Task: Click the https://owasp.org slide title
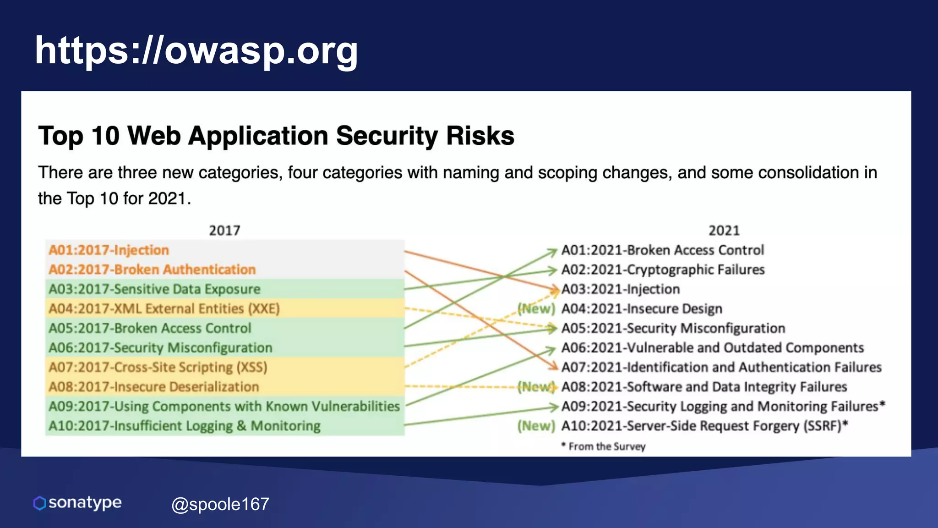coord(196,50)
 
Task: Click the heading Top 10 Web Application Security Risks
coord(276,136)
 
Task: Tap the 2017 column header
coord(224,230)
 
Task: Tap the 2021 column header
coord(724,230)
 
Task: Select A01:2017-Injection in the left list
coord(109,250)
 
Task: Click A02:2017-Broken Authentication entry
coord(152,269)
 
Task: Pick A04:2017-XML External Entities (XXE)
coord(164,308)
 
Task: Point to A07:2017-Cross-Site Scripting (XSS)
coord(158,367)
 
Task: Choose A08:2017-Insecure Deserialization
coord(154,387)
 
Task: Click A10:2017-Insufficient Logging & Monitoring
coord(185,426)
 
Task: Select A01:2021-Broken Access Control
coord(662,250)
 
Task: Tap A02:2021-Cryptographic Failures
coord(663,269)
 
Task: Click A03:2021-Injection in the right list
coord(621,289)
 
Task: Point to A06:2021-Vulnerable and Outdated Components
coord(713,348)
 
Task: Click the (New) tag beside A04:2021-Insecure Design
coord(536,309)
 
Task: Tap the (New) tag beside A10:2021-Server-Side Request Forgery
coord(536,426)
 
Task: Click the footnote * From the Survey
coord(603,446)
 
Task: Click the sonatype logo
coord(77,503)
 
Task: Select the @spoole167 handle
coord(220,504)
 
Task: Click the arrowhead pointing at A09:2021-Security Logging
coord(554,407)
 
